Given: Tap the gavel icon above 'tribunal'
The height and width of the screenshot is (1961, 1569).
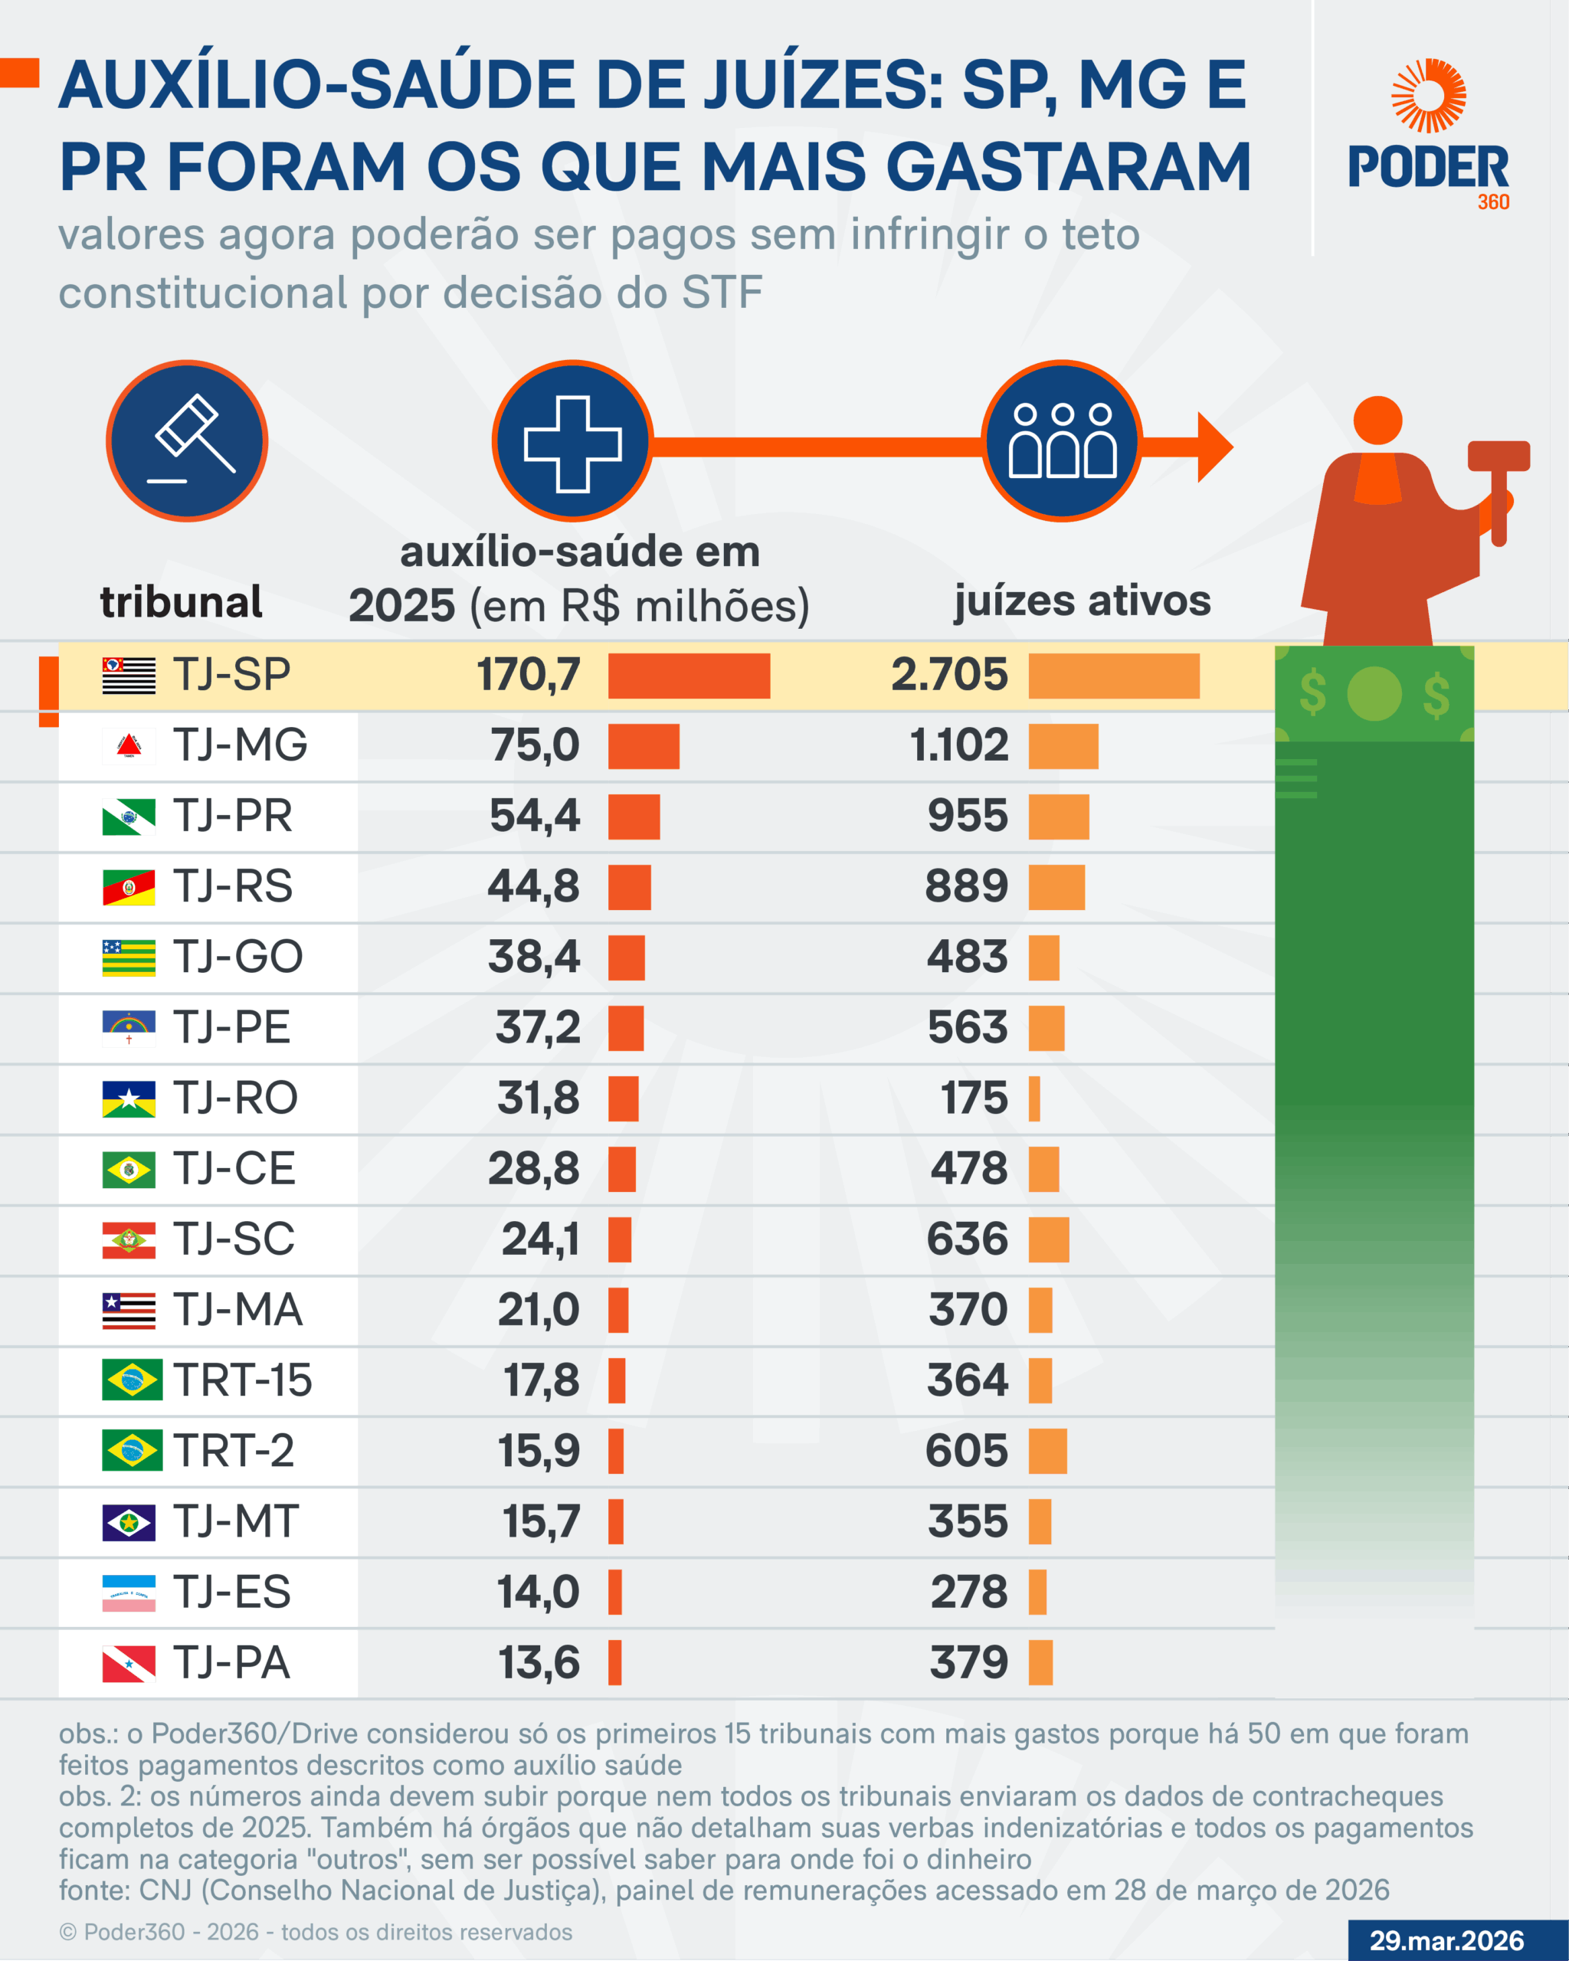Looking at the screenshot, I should pyautogui.click(x=188, y=441).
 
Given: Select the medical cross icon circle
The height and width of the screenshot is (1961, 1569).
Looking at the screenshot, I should pyautogui.click(x=572, y=441).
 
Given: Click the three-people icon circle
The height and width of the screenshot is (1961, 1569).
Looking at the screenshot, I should pyautogui.click(x=1062, y=441).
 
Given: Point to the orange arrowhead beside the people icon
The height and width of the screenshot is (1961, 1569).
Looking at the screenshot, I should pyautogui.click(x=1214, y=447).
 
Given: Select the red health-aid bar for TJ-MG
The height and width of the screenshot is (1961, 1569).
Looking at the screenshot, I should pyautogui.click(x=643, y=747).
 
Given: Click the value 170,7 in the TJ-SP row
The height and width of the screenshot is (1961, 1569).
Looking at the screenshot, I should pyautogui.click(x=529, y=675).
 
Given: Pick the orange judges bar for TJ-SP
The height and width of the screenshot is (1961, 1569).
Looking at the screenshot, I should pyautogui.click(x=1113, y=676).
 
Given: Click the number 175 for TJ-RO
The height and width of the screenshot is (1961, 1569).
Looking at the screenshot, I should pyautogui.click(x=974, y=1098).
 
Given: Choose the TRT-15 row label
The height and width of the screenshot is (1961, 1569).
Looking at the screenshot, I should pyautogui.click(x=242, y=1380).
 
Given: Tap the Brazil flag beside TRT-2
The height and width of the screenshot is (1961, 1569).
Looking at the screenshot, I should pyautogui.click(x=132, y=1450).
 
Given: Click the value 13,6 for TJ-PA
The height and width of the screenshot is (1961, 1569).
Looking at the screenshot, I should pyautogui.click(x=539, y=1663).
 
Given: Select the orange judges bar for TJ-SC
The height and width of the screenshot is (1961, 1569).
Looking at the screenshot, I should pyautogui.click(x=1049, y=1239).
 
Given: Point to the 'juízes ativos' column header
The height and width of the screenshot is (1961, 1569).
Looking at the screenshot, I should pyautogui.click(x=1082, y=601).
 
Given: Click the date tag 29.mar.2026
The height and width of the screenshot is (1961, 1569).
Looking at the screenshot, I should pyautogui.click(x=1446, y=1940).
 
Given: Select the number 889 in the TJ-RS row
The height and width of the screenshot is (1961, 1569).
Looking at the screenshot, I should pyautogui.click(x=966, y=886).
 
